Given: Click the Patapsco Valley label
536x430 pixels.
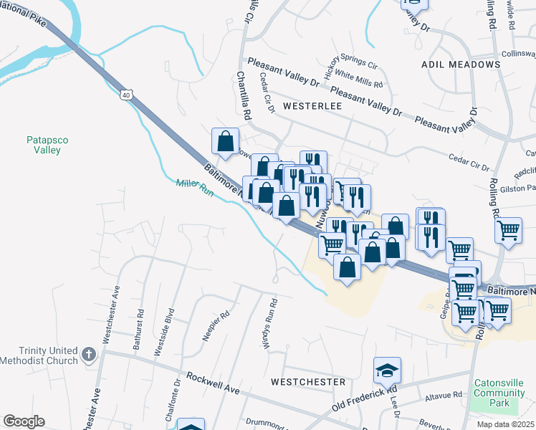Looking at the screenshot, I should [x=44, y=145].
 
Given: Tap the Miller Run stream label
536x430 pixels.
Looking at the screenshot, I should [x=195, y=188].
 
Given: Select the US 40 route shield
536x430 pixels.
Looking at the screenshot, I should [x=126, y=94].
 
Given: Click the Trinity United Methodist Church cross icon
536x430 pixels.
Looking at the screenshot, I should [x=88, y=355].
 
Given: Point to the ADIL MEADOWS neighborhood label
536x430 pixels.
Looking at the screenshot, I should [x=454, y=64].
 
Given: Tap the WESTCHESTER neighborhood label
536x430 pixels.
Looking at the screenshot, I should [x=308, y=382].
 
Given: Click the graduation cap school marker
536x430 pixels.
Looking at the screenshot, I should [x=387, y=370].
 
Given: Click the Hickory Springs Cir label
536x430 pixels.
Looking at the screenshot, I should [x=350, y=66].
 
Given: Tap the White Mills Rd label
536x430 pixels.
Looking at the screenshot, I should [x=359, y=79].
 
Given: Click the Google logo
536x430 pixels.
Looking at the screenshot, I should [x=24, y=421].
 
